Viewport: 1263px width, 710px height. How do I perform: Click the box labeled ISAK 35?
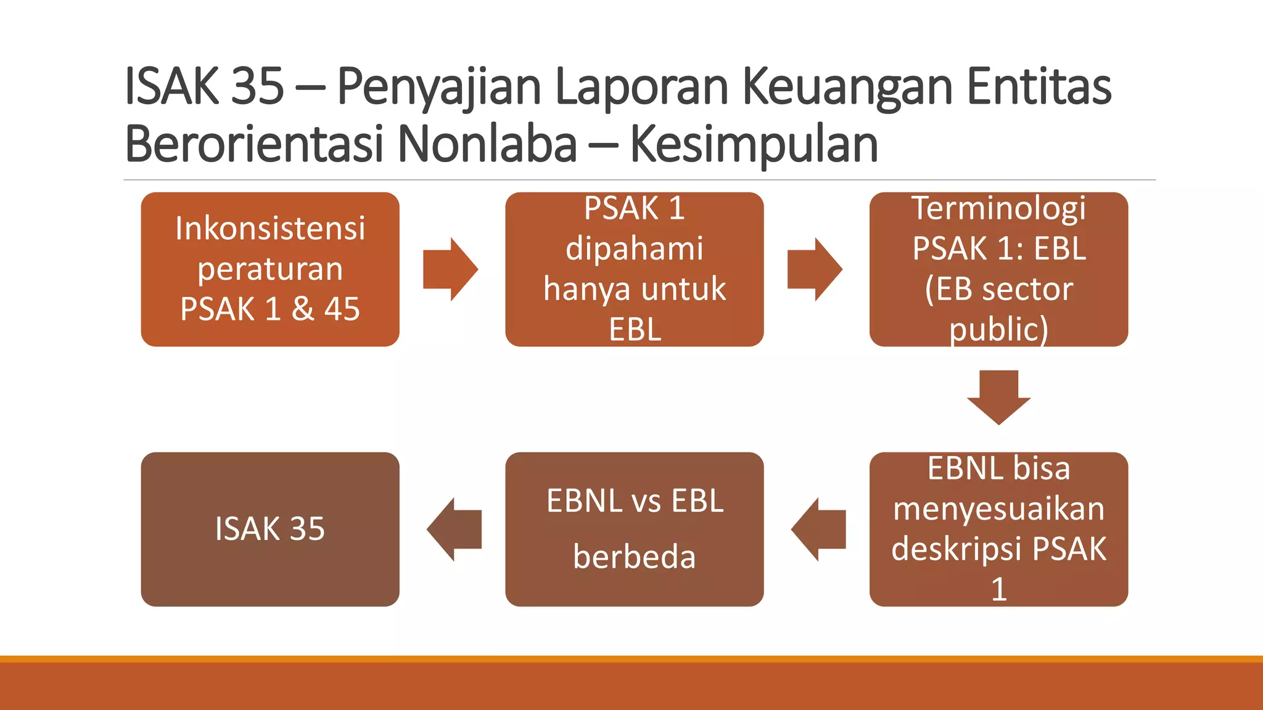pos(270,529)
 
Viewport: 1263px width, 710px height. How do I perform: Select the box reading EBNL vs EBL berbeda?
pos(634,529)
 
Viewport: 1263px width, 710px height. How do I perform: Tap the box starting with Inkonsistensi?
pos(270,269)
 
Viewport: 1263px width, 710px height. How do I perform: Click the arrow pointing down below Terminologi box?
pos(998,398)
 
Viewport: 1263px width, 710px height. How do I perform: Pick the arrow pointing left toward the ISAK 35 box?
pos(454,529)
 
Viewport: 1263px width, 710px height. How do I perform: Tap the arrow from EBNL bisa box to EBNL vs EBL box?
pos(818,529)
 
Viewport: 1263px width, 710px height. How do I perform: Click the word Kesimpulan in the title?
pos(754,144)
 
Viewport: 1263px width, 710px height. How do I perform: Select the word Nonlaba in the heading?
pos(487,144)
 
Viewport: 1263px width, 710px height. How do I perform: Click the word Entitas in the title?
pos(1039,86)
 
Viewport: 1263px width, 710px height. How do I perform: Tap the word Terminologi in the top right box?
pos(998,208)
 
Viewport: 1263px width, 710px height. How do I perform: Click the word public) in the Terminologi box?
pos(998,329)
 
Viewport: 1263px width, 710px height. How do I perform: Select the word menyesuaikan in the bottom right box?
pos(998,508)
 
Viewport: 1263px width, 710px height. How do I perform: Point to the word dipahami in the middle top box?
pos(634,248)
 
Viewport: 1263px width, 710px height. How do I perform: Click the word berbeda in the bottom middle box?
pos(634,557)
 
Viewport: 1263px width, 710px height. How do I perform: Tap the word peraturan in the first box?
pos(270,269)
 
